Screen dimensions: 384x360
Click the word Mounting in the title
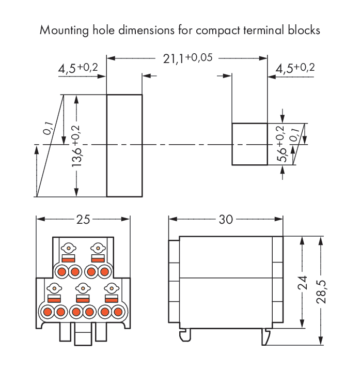tap(64, 30)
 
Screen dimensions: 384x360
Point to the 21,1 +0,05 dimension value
tap(187, 58)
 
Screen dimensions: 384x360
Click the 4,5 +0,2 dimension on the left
tap(77, 68)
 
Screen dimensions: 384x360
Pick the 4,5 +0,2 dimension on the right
tap(295, 68)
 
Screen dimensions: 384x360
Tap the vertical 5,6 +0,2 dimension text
tap(281, 144)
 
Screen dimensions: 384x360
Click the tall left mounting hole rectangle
tap(124, 145)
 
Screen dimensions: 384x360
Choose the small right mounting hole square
tap(249, 144)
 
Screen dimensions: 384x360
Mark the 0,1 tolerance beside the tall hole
tap(48, 128)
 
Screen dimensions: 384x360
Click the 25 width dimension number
tap(83, 219)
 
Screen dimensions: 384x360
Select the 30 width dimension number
tap(226, 219)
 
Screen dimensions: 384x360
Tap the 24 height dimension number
tap(303, 282)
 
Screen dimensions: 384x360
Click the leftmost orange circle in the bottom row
tap(48, 312)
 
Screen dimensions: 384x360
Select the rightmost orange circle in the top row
tap(105, 271)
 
